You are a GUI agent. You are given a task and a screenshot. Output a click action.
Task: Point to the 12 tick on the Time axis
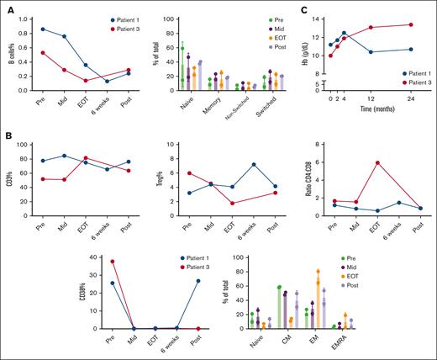(371, 97)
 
